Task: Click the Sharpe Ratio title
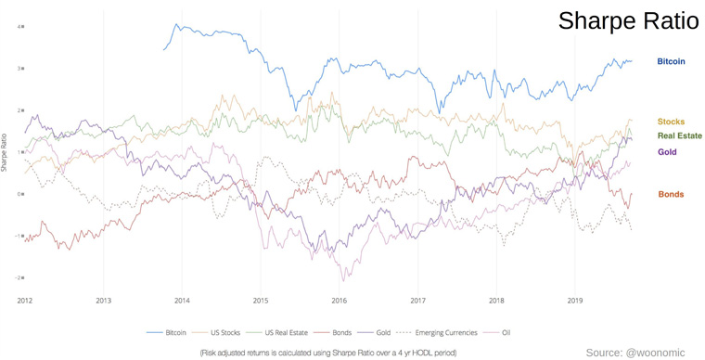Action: tap(628, 22)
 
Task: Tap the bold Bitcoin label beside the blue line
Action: tap(671, 62)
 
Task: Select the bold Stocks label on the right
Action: tap(671, 122)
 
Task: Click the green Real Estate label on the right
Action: tap(679, 135)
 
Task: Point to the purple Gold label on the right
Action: tap(667, 151)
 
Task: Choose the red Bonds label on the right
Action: tap(671, 194)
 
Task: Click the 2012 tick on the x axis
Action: tap(24, 301)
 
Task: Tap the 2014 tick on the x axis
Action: tap(182, 301)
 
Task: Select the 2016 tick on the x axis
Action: tap(339, 301)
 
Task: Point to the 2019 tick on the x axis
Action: tap(574, 301)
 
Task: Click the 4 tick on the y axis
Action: tap(19, 26)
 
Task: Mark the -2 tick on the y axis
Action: tap(19, 277)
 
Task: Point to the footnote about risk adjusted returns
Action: tap(327, 353)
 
